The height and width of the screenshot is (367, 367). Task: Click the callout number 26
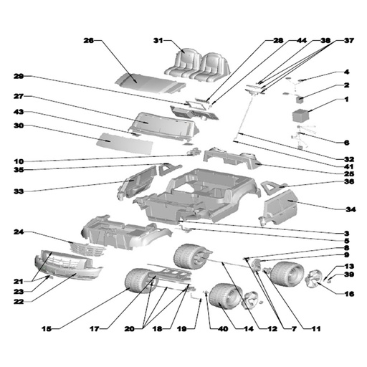click(x=88, y=41)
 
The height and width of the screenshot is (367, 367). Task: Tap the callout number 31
click(x=158, y=41)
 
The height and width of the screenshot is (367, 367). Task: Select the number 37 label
click(x=349, y=41)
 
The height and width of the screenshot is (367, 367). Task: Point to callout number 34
click(x=351, y=209)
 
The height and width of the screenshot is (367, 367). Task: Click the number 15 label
click(x=47, y=329)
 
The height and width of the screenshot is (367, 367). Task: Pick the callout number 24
click(x=19, y=232)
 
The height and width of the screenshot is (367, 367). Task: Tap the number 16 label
click(x=349, y=294)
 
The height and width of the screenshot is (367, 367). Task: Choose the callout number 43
click(x=19, y=112)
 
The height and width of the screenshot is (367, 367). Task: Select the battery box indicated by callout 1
click(x=301, y=115)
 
